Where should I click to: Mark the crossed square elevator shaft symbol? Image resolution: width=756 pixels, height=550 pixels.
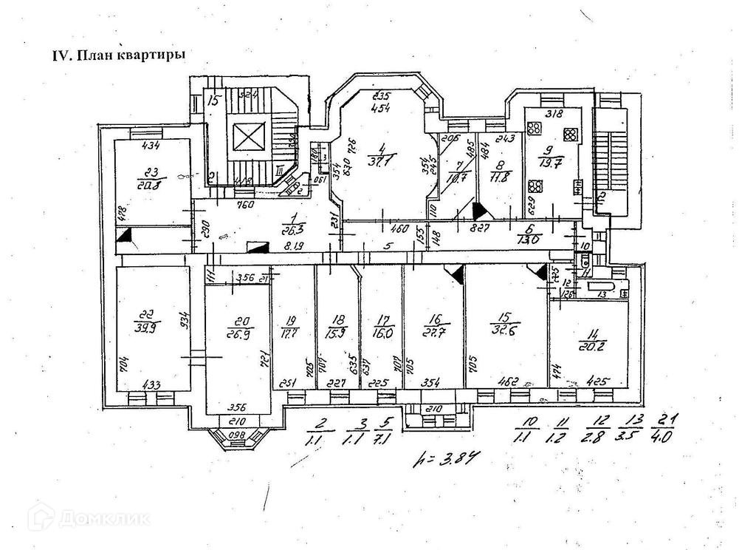click(243, 137)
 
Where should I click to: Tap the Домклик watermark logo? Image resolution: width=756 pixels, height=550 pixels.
click(89, 517)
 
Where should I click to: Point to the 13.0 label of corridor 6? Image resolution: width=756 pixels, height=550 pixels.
click(526, 238)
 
